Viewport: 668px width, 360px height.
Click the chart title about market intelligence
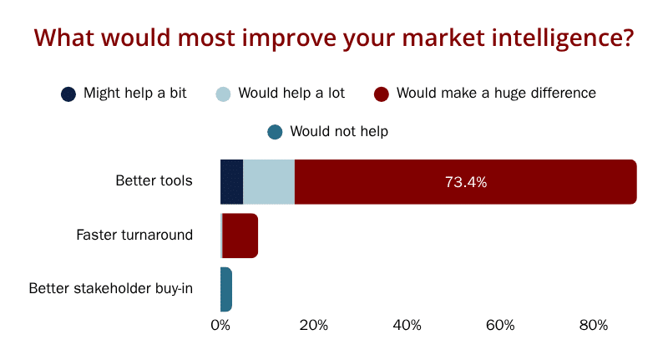click(334, 38)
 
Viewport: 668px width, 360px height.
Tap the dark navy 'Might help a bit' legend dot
click(68, 94)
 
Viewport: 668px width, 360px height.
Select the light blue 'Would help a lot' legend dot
click(223, 94)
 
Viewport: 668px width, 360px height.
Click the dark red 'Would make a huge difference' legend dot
click(382, 94)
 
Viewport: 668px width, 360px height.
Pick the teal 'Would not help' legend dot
click(275, 132)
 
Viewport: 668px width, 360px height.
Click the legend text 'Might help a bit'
click(135, 93)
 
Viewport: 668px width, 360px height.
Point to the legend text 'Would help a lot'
click(291, 93)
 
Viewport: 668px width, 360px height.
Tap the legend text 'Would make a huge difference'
click(496, 93)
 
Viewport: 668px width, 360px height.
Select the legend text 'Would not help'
click(339, 131)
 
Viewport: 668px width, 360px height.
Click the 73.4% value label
click(466, 182)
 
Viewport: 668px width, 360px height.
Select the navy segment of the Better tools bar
click(232, 182)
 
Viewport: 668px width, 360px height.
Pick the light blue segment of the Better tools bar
click(269, 182)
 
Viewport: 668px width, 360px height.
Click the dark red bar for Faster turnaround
click(240, 236)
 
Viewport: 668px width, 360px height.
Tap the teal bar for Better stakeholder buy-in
click(226, 289)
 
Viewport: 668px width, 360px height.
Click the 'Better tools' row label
click(154, 180)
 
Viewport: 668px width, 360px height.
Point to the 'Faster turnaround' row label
click(134, 235)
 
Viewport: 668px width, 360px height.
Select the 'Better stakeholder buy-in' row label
click(111, 288)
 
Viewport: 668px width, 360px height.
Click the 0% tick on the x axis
click(220, 326)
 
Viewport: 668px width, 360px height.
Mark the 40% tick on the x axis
click(407, 326)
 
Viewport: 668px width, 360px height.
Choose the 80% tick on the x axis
click(594, 326)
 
